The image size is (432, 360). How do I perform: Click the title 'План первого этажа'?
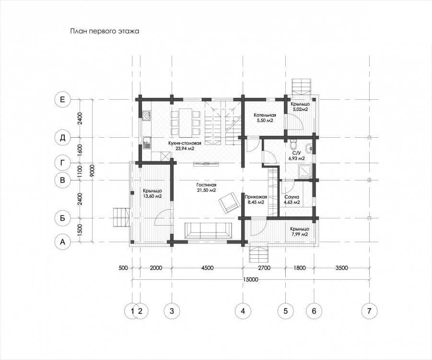click(105, 31)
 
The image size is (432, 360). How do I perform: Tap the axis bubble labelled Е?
click(63, 99)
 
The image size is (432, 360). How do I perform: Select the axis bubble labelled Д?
click(63, 137)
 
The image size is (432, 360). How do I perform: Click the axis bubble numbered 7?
click(369, 311)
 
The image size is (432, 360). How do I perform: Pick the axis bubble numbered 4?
click(243, 311)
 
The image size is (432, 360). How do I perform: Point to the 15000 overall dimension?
click(251, 280)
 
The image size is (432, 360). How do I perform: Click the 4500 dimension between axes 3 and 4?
click(207, 268)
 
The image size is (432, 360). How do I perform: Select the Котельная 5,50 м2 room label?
click(265, 118)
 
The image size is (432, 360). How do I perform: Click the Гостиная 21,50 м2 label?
click(206, 188)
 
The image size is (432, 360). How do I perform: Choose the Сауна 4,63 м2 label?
click(292, 200)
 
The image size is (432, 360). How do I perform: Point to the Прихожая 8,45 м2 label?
click(256, 200)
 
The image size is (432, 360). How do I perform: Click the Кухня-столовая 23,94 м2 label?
click(185, 145)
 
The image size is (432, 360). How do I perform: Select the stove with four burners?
click(146, 116)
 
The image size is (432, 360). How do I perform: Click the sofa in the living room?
click(208, 230)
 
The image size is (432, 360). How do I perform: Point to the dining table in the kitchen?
click(186, 122)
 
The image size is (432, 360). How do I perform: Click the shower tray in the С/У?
click(305, 171)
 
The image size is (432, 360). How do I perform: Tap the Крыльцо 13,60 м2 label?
click(152, 193)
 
